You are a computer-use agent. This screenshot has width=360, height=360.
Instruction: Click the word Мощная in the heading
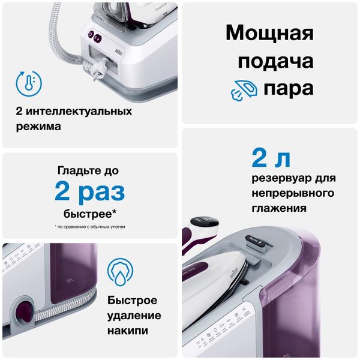tap(269, 33)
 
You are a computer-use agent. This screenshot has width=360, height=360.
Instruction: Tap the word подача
tap(269, 61)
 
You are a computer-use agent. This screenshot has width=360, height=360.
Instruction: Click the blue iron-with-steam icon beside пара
tap(244, 89)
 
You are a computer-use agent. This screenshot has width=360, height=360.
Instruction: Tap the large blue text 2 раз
tap(89, 192)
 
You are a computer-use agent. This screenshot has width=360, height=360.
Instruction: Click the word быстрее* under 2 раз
tap(90, 214)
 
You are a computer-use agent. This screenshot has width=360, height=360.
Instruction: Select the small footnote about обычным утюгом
tap(90, 227)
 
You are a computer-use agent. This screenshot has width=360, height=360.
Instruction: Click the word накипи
tap(128, 331)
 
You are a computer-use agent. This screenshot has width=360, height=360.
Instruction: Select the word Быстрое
tap(133, 301)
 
